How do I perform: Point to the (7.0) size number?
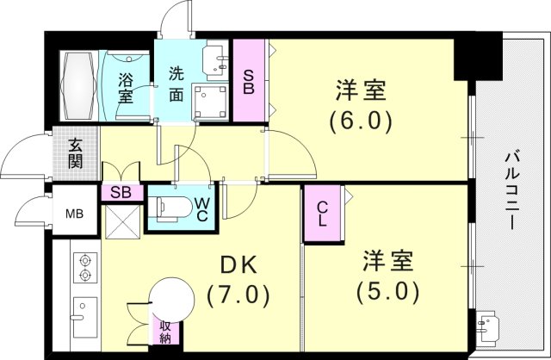pos(238,295)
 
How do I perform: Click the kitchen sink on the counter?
pos(85,316)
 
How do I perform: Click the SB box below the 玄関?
pos(121,193)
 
